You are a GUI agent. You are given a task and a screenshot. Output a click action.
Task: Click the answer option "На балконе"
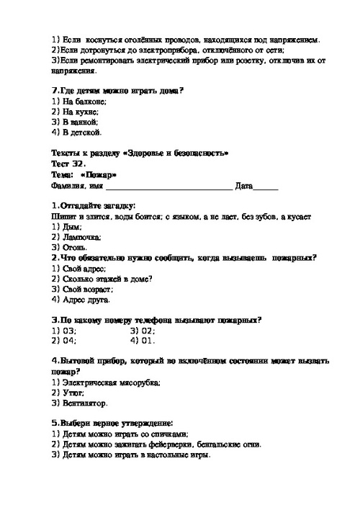point(81,102)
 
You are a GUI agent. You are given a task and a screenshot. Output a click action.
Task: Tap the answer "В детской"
point(81,133)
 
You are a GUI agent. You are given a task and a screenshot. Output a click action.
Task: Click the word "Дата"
point(244,186)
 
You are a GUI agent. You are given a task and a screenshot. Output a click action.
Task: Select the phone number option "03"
point(69,330)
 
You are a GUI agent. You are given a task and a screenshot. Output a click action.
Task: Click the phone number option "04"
point(69,340)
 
